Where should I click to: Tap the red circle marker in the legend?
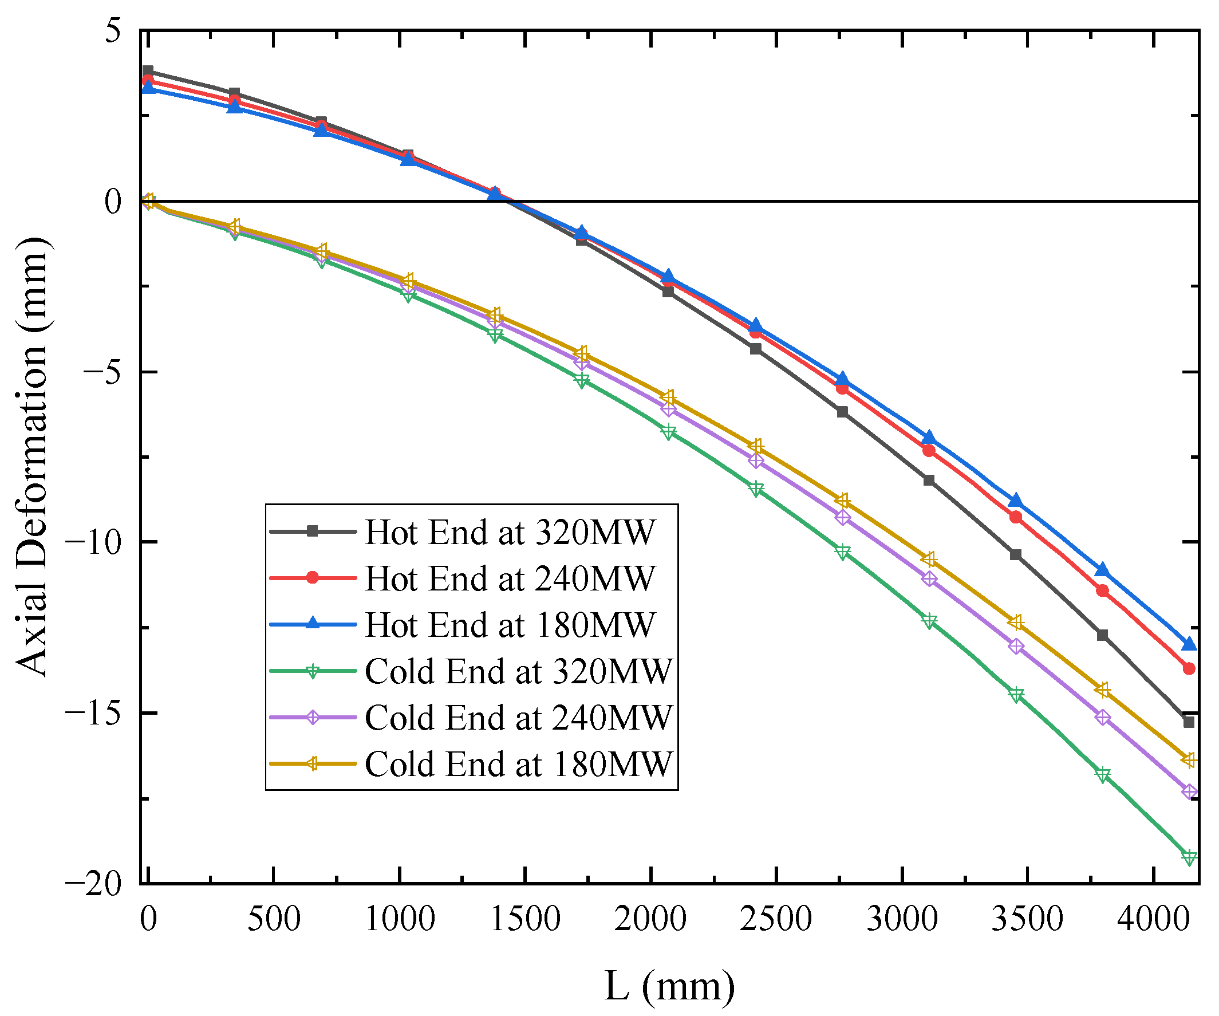pos(312,578)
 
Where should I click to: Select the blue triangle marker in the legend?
pos(312,624)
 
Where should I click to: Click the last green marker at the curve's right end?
pos(1189,857)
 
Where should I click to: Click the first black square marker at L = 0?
pos(148,72)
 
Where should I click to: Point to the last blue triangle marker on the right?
pos(1189,644)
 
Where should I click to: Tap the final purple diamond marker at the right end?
pos(1189,792)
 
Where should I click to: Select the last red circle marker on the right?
pos(1189,669)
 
